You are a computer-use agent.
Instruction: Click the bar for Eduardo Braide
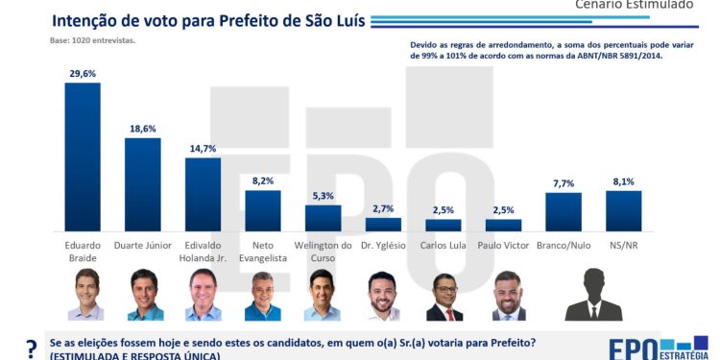coord(83,156)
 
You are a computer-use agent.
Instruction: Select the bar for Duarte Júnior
coord(143,184)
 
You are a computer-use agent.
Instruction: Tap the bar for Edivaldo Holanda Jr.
coord(203,194)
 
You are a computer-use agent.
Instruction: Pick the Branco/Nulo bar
coord(564,211)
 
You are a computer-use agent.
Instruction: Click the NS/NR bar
coord(623,210)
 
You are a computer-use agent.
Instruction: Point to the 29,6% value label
coord(83,73)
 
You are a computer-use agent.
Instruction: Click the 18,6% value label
coord(143,129)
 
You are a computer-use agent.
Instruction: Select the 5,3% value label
coord(324,196)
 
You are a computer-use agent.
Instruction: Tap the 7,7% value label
coord(564,182)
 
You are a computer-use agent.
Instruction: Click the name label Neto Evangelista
coord(263,251)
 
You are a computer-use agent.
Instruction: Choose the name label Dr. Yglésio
coord(383,245)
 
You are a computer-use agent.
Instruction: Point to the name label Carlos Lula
coord(444,245)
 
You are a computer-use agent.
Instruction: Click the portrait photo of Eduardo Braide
coord(84,295)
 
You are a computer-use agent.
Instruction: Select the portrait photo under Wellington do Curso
coord(323,295)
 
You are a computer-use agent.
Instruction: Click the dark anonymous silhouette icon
coord(593,295)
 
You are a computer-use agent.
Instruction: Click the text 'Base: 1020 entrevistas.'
coord(93,40)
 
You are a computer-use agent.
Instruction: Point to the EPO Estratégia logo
coord(658,347)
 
